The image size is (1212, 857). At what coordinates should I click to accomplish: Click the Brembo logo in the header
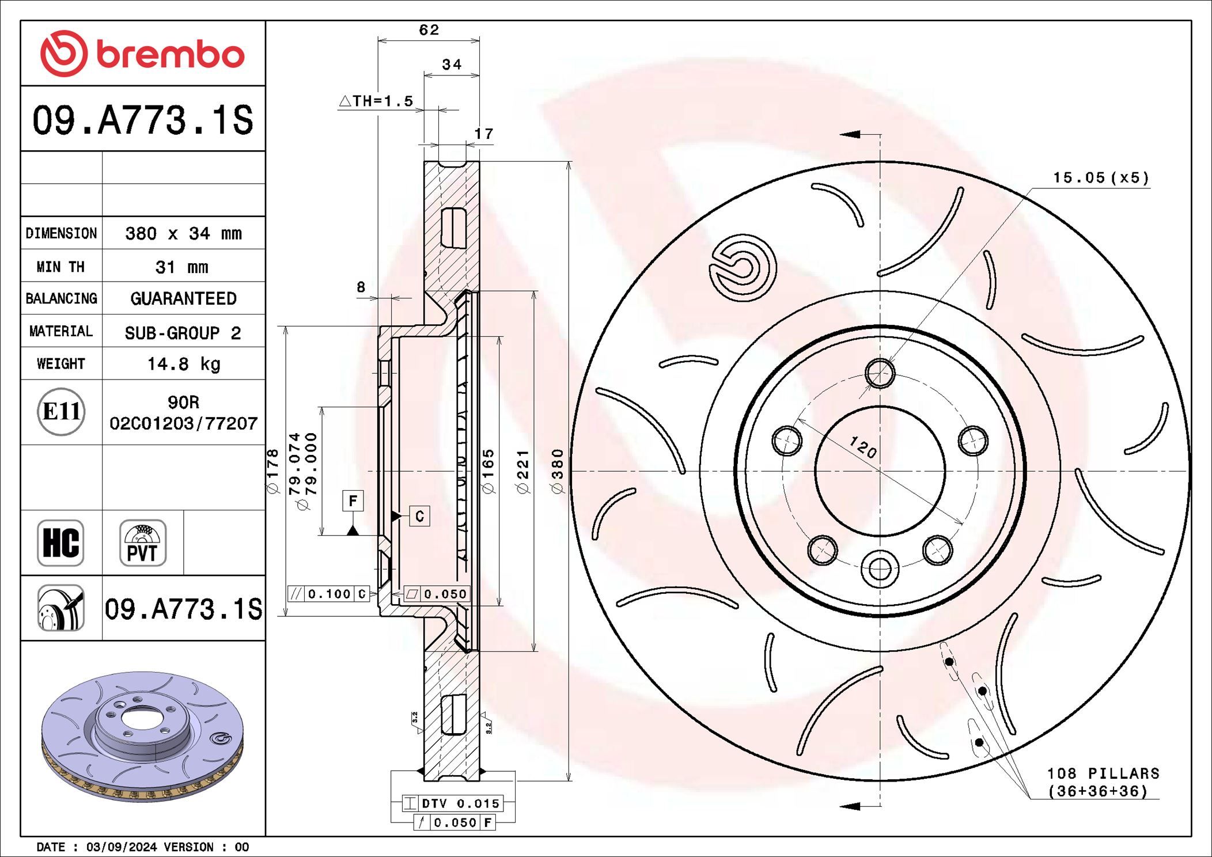[142, 54]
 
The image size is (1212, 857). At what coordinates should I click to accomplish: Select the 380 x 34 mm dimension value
[183, 233]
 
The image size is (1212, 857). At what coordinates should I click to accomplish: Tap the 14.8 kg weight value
[184, 364]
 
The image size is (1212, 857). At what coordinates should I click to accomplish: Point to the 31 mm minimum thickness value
[182, 267]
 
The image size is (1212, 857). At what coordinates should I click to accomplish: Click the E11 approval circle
[61, 412]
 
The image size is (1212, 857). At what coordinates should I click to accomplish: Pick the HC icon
[61, 543]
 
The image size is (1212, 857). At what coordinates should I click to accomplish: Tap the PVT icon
[142, 543]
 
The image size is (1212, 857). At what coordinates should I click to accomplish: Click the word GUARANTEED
[183, 298]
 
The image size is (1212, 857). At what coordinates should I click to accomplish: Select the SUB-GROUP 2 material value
[183, 333]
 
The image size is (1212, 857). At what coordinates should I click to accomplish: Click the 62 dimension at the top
[429, 29]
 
